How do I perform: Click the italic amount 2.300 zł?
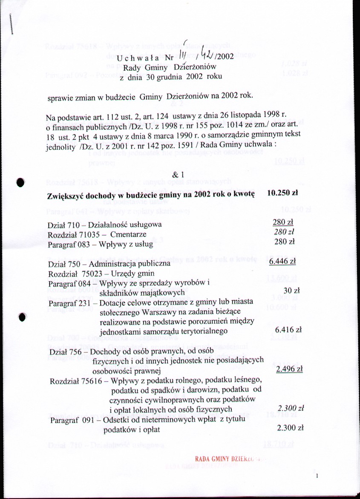290,409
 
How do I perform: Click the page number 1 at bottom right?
317,479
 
